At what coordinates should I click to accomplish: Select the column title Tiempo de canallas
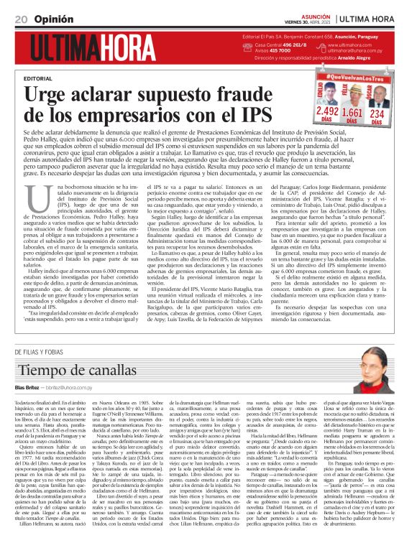click(77, 369)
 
